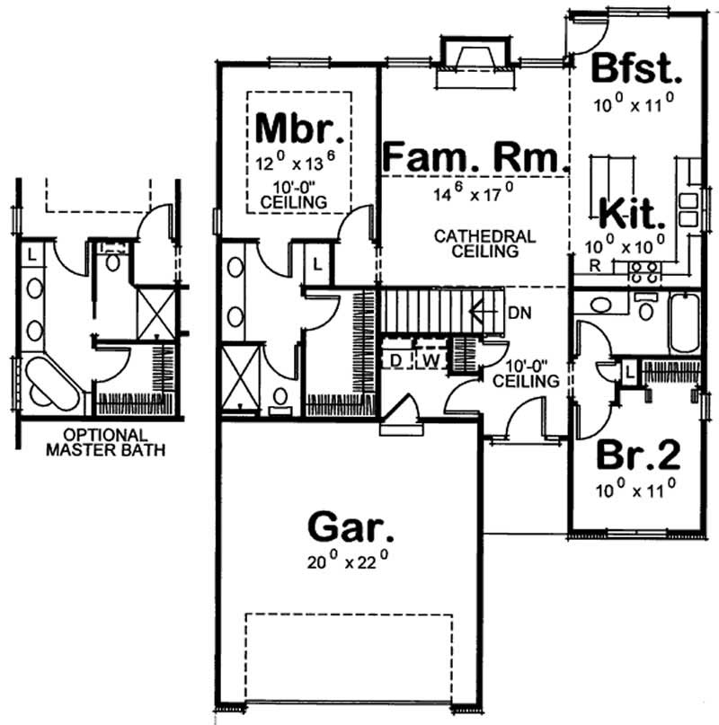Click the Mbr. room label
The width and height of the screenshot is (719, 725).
click(x=299, y=128)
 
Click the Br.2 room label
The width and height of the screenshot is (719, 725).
click(x=639, y=455)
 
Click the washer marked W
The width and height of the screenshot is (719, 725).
click(x=431, y=360)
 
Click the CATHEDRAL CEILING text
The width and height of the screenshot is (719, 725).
click(x=484, y=243)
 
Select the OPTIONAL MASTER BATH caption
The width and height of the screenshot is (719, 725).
click(x=104, y=442)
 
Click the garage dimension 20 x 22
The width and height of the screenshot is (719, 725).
click(x=350, y=563)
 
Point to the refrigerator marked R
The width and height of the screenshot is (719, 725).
click(x=594, y=265)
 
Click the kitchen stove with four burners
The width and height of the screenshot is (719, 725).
click(x=644, y=267)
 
